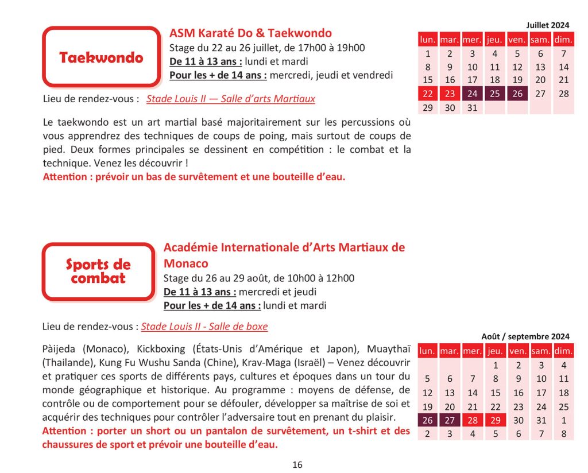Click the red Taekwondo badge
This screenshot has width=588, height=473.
pos(101,57)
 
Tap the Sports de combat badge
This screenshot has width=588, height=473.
pos(98,272)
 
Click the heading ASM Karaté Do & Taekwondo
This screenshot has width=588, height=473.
pos(250,33)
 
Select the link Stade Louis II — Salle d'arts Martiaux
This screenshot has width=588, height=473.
pos(231,99)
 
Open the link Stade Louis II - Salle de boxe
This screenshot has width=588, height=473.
pos(204,327)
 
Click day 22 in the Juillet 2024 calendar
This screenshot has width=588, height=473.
pos(427,94)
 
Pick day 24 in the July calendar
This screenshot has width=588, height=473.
pos(472,94)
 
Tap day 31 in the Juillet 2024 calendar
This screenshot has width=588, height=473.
pos(472,107)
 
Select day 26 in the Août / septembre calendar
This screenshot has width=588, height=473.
pos(427,420)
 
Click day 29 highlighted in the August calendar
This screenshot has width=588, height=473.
pos(495,420)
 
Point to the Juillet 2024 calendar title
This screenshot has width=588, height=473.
pos(548,25)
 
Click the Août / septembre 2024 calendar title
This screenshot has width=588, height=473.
pos(525,336)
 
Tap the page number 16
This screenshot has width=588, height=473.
pos(297,465)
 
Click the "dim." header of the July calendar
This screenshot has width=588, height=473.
pos(563,40)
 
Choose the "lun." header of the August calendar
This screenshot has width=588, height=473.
pos(427,351)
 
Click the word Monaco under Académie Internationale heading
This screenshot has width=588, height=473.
pos(186,263)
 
